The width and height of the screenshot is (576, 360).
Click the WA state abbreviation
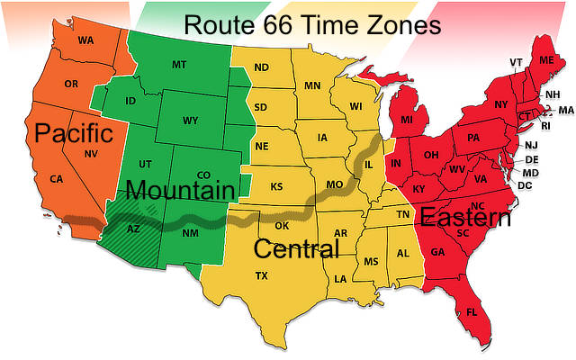tap(85, 40)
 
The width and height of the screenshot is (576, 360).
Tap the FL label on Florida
tap(472, 312)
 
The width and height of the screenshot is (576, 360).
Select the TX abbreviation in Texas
tap(261, 275)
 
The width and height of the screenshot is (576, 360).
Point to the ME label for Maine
tap(546, 59)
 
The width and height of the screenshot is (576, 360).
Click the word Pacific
tap(74, 134)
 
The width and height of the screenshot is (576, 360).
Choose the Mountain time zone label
tap(180, 190)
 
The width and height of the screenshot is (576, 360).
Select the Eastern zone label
tap(465, 217)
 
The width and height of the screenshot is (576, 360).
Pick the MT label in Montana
tap(179, 64)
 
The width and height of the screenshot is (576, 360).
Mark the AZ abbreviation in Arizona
tap(133, 229)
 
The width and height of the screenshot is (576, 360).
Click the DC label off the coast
tap(526, 185)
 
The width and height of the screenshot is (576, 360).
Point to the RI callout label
tap(544, 125)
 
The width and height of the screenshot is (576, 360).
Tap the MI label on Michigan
tap(407, 120)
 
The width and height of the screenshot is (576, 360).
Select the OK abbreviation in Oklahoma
tap(282, 225)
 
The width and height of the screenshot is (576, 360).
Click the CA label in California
tap(57, 179)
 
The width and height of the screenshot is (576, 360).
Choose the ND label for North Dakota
tap(261, 67)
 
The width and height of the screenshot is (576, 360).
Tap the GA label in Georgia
tap(438, 252)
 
